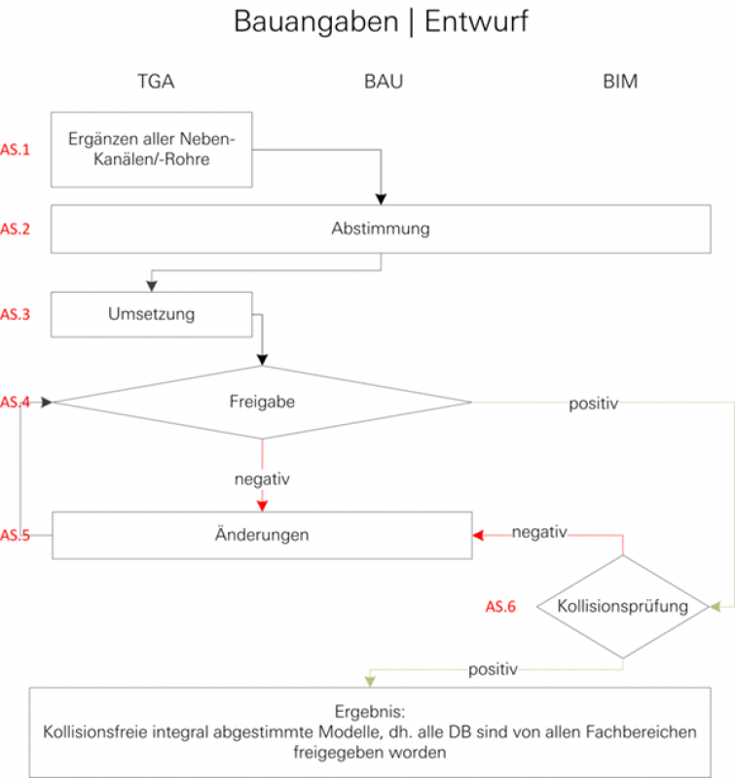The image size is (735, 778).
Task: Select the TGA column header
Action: (155, 82)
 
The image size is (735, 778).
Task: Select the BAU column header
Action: (383, 82)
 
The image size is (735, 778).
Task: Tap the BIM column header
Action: (620, 82)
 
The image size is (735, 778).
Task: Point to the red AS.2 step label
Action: (16, 230)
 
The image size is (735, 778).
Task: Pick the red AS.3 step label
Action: (16, 314)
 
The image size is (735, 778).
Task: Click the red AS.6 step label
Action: (500, 607)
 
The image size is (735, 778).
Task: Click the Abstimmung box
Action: (380, 230)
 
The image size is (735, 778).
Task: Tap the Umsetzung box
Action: (151, 314)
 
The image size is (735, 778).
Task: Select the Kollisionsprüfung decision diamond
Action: (622, 607)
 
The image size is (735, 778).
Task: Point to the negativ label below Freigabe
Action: (261, 479)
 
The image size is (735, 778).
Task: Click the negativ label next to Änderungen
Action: (539, 532)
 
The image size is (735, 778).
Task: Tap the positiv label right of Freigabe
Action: (593, 403)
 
